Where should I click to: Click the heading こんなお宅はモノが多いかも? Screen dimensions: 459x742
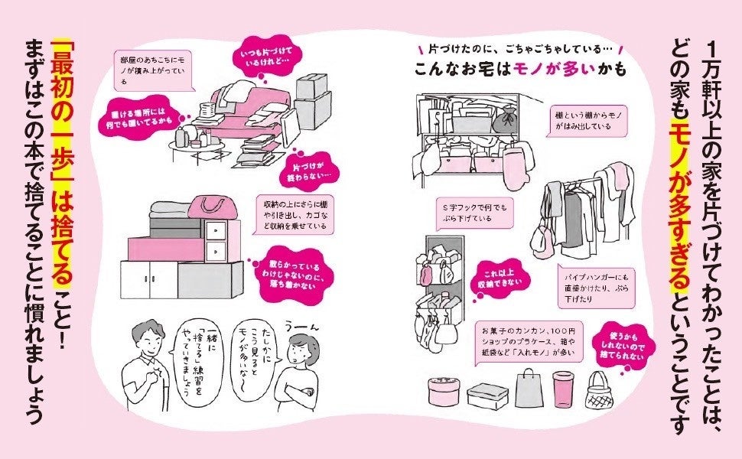pyautogui.click(x=520, y=68)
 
